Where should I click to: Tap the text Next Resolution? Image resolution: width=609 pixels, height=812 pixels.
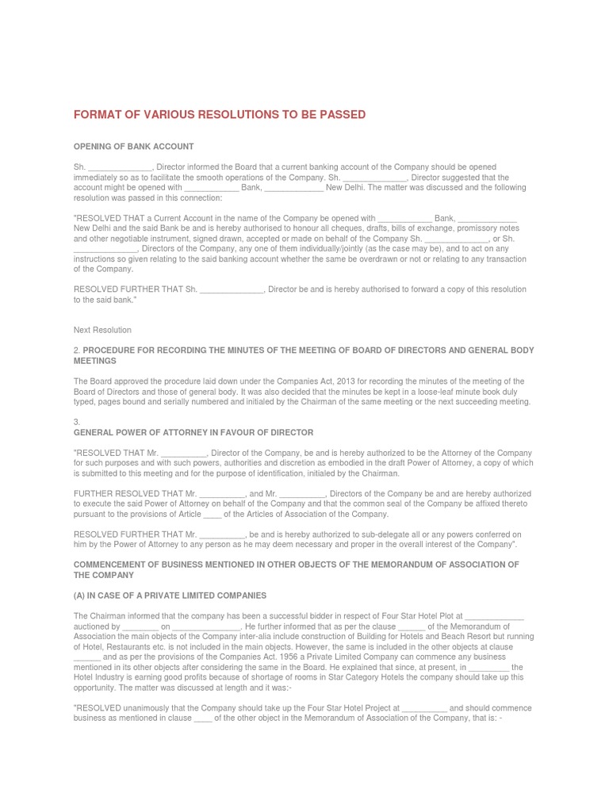tap(102, 330)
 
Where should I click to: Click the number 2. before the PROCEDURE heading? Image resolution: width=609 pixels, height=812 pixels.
tap(77, 350)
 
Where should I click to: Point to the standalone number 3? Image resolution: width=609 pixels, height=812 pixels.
tap(77, 422)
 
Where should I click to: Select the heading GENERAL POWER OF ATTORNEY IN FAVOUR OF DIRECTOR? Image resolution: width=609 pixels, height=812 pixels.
tap(193, 432)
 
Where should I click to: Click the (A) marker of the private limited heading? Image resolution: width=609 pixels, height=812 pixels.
tap(80, 595)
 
